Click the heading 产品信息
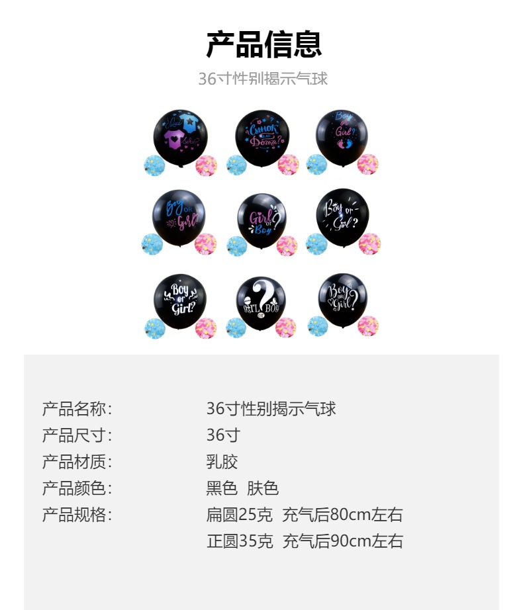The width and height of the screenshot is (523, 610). tap(263, 45)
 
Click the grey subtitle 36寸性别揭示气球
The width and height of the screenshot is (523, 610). tap(263, 79)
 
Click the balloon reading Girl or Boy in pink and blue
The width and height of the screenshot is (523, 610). tap(261, 220)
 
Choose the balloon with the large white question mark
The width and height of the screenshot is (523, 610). tap(261, 302)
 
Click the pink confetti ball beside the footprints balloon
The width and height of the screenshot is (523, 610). tap(367, 164)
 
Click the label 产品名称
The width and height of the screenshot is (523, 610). tap(76, 409)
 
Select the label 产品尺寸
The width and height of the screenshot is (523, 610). tap(76, 435)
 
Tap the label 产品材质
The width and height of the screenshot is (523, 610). tap(76, 462)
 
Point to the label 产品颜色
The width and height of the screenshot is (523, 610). tap(76, 488)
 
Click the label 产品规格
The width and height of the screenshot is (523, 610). tap(76, 515)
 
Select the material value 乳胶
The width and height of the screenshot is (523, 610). tap(222, 462)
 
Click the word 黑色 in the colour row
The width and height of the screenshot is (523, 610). tap(222, 488)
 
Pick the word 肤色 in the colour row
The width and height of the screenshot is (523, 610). tap(263, 488)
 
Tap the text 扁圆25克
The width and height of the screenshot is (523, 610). tap(240, 515)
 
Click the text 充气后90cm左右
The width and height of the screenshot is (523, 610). tap(342, 541)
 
